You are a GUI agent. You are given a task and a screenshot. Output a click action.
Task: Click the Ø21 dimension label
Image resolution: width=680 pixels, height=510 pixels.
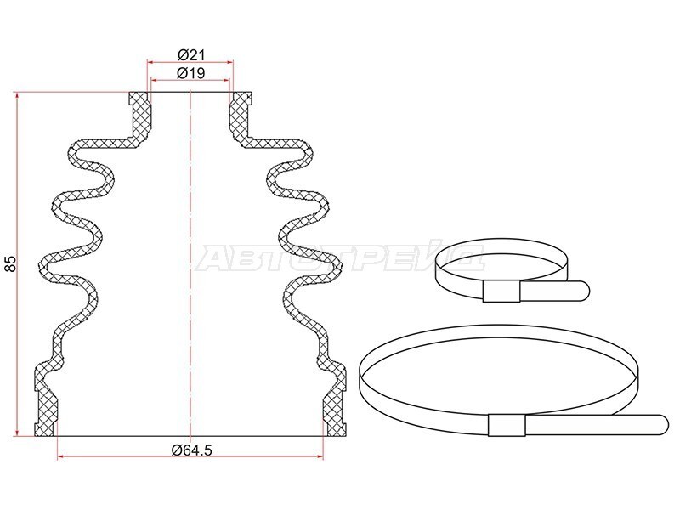coord(190,55)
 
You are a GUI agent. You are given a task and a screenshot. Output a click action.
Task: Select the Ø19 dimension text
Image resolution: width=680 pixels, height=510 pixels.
coord(190,73)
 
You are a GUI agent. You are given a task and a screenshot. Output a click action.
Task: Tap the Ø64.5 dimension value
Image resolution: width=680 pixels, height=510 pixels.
coord(192,450)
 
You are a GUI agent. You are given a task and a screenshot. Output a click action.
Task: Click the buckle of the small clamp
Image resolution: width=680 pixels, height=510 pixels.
coord(501,291)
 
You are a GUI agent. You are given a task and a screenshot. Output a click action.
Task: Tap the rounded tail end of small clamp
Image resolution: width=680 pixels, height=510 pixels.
coord(583,290)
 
